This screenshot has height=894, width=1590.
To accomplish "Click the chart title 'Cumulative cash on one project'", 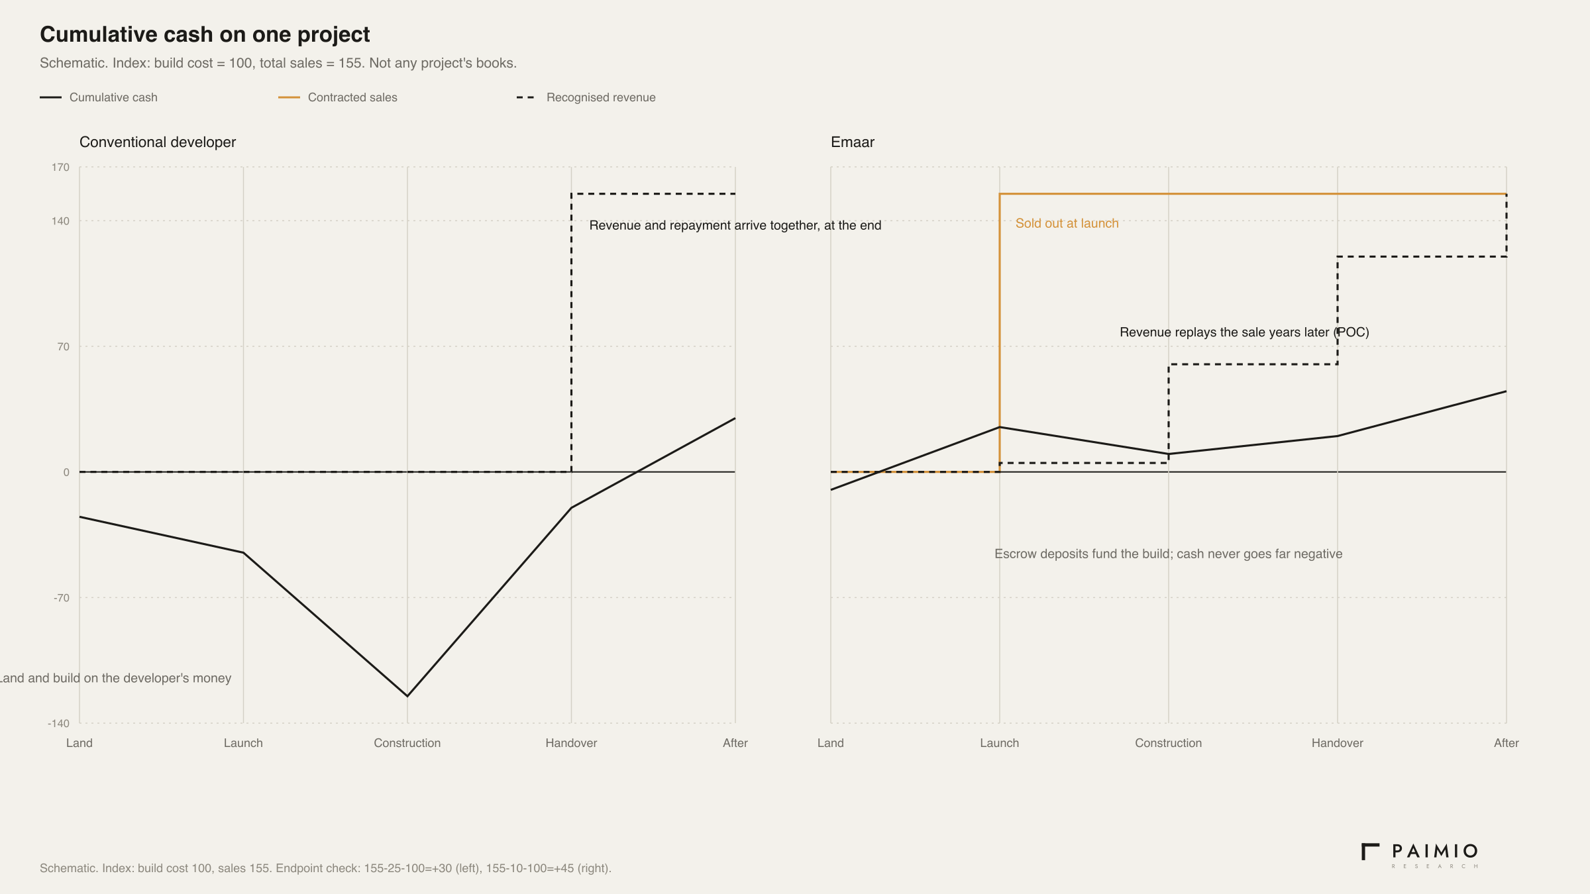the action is [205, 34].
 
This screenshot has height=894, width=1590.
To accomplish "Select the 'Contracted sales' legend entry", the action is [338, 97].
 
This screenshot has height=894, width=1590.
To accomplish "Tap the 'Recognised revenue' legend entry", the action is [586, 97].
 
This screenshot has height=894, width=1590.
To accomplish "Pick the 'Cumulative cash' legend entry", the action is [99, 97].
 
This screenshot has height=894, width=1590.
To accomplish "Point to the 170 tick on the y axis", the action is [60, 168].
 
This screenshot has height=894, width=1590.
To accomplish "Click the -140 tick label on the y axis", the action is [58, 723].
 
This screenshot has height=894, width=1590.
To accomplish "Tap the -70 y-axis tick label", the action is [61, 598].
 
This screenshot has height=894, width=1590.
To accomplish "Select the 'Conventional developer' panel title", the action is [158, 142].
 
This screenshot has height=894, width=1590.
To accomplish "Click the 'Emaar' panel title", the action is [853, 142].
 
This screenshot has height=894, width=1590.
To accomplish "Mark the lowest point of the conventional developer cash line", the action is [407, 696].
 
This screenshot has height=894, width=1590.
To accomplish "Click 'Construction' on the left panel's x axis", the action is [407, 743].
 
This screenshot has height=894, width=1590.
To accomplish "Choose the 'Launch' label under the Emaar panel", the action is [1000, 743].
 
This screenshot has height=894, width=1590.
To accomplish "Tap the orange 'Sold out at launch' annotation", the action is [1067, 224].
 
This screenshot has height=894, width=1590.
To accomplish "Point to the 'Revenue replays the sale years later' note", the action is [1244, 332].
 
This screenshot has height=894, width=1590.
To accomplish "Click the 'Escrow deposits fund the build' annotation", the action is [1169, 554].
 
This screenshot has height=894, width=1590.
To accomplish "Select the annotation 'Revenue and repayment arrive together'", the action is [735, 226].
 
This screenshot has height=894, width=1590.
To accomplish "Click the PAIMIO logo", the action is [1420, 856].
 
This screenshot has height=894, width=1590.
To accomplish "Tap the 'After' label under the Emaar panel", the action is [1507, 743].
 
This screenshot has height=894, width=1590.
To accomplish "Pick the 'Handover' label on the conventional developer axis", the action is [571, 743].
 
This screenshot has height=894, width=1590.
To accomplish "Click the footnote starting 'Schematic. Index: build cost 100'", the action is [325, 868].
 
